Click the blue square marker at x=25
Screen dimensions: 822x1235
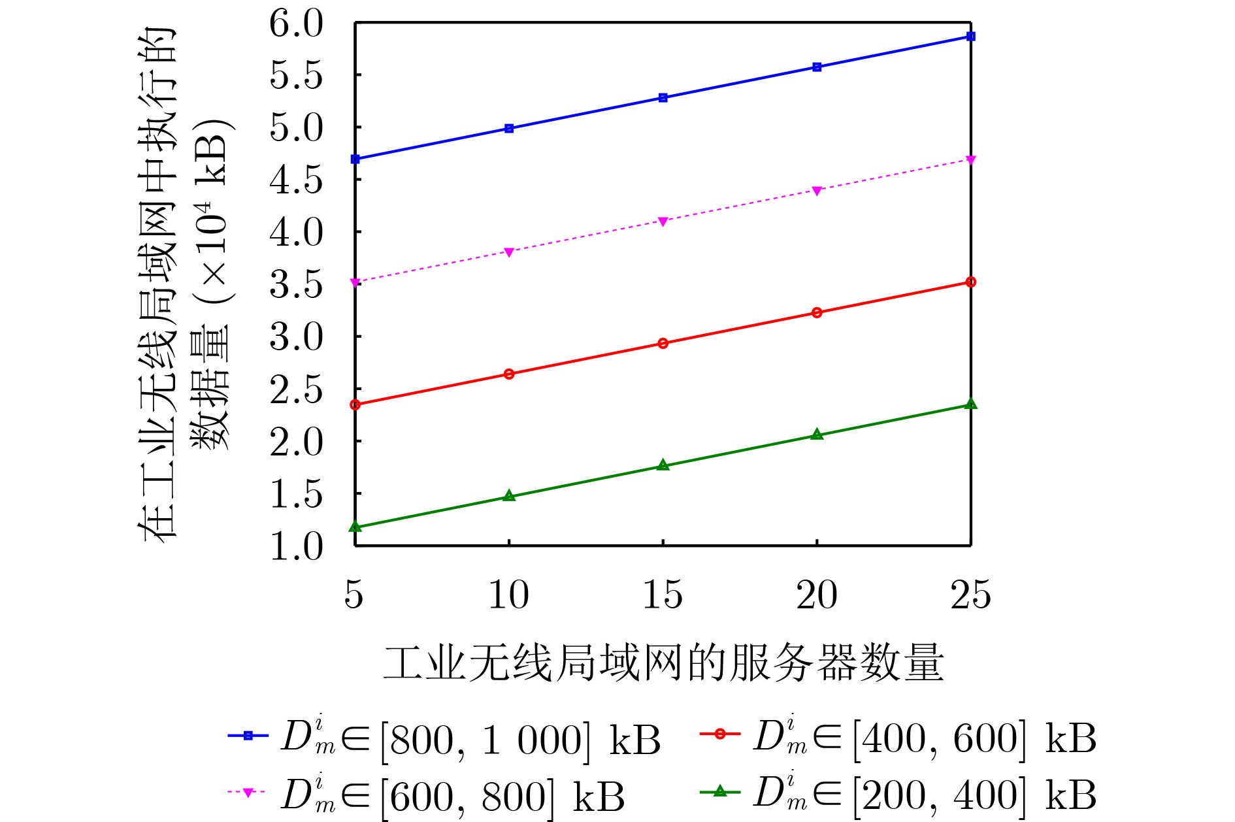[x=970, y=37]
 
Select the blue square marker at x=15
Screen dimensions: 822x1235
[x=663, y=98]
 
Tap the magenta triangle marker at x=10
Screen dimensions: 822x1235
[x=509, y=252]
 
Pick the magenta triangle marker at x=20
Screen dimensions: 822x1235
[x=817, y=191]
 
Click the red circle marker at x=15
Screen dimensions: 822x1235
[x=663, y=343]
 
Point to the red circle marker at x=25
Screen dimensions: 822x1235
[x=970, y=282]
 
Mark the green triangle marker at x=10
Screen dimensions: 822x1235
[x=509, y=497]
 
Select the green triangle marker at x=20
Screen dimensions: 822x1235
[x=817, y=435]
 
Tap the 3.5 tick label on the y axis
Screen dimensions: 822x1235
[x=296, y=285]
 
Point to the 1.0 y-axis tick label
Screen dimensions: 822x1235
[x=296, y=546]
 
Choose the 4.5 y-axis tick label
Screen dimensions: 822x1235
[x=296, y=180]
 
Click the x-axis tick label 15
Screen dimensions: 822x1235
[x=663, y=595]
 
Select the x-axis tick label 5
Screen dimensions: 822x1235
[x=354, y=595]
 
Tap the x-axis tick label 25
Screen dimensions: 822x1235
[x=970, y=595]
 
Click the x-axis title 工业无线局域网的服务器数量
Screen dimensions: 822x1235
[x=663, y=663]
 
